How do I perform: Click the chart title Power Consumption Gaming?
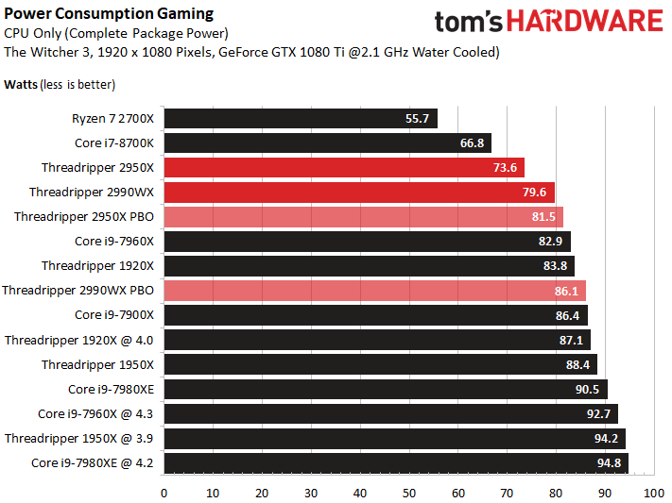[x=109, y=14]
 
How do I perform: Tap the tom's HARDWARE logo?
[x=549, y=22]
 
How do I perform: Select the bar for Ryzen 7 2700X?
[x=301, y=118]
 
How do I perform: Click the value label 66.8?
[x=472, y=143]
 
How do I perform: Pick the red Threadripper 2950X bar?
[x=344, y=167]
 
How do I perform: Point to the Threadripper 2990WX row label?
[x=92, y=193]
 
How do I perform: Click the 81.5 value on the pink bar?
[x=543, y=217]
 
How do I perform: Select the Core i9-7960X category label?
[x=114, y=241]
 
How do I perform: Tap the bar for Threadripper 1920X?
[x=370, y=266]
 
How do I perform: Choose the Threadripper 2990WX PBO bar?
[x=375, y=291]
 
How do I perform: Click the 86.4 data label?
[x=567, y=316]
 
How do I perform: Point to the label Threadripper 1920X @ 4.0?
[x=78, y=341]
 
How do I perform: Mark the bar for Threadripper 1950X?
[x=381, y=364]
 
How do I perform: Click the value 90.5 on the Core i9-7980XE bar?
[x=587, y=390]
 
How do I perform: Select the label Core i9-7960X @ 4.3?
[x=95, y=414]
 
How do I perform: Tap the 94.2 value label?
[x=606, y=439]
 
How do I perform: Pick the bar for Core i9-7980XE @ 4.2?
[x=396, y=463]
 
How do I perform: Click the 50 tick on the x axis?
[x=409, y=494]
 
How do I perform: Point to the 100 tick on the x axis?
[x=654, y=494]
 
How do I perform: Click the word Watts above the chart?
[x=21, y=85]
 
